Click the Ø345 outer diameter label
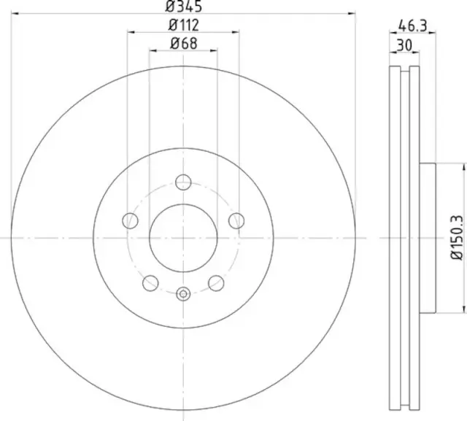[183, 7]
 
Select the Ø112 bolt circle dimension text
[183, 26]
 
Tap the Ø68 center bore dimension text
[183, 43]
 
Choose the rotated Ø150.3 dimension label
[456, 237]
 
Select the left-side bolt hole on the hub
[131, 220]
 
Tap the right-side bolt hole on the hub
[236, 220]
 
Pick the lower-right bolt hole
[216, 282]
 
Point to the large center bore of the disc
[183, 237]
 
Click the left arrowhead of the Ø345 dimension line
[16, 13]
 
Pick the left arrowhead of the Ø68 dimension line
[153, 50]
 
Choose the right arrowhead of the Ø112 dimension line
[236, 32]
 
